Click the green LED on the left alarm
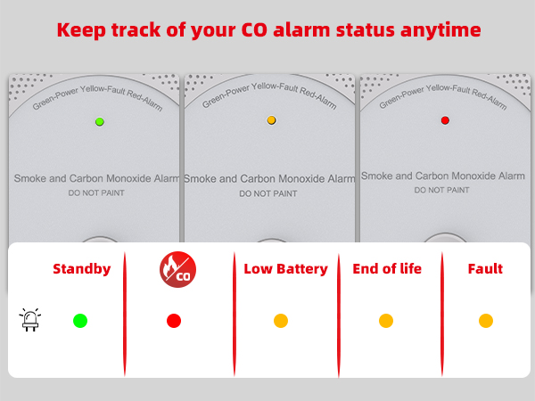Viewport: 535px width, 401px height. pos(100,121)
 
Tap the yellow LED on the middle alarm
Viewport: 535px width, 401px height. pos(271,119)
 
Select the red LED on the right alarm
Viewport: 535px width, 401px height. pos(445,119)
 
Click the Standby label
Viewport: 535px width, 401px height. pos(82,268)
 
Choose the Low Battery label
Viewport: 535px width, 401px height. pos(285,268)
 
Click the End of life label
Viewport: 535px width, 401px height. pos(387,268)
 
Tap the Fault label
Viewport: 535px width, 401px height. pos(485,268)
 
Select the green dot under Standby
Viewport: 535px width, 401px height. pos(80,321)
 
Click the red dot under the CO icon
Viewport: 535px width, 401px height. pos(174,321)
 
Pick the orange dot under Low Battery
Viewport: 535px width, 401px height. pos(281,321)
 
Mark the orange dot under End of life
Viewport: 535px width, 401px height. pos(386,321)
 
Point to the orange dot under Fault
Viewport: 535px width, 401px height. pos(486,321)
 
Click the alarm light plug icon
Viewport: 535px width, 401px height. pos(29,320)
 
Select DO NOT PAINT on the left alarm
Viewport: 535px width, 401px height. pos(96,192)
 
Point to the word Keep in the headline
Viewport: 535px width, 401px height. pos(81,29)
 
